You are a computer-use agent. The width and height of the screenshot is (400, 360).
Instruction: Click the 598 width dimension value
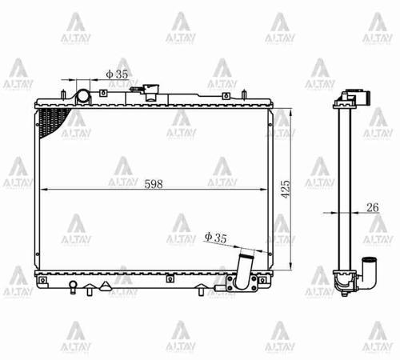(x=154, y=182)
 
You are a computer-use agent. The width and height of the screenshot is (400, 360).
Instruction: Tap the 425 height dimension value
(x=286, y=189)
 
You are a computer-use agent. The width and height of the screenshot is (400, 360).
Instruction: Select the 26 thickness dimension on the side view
(x=372, y=207)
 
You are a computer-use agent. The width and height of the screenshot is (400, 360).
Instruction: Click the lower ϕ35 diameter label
(x=216, y=237)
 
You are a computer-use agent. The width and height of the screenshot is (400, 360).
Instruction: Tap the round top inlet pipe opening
(x=84, y=96)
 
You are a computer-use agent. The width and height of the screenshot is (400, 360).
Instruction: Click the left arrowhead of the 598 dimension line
(x=43, y=189)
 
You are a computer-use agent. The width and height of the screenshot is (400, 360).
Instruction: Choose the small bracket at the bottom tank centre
(x=170, y=279)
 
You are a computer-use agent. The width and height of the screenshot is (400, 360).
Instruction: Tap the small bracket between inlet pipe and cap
(x=103, y=94)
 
